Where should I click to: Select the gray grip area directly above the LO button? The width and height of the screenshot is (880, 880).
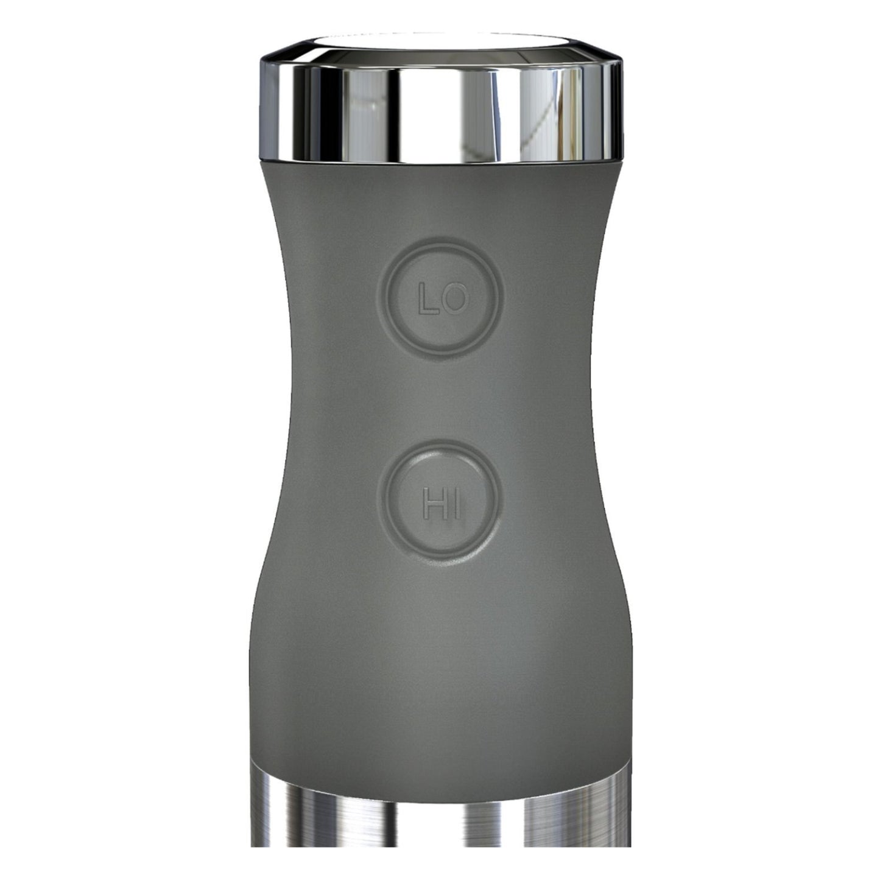[x=440, y=207]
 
